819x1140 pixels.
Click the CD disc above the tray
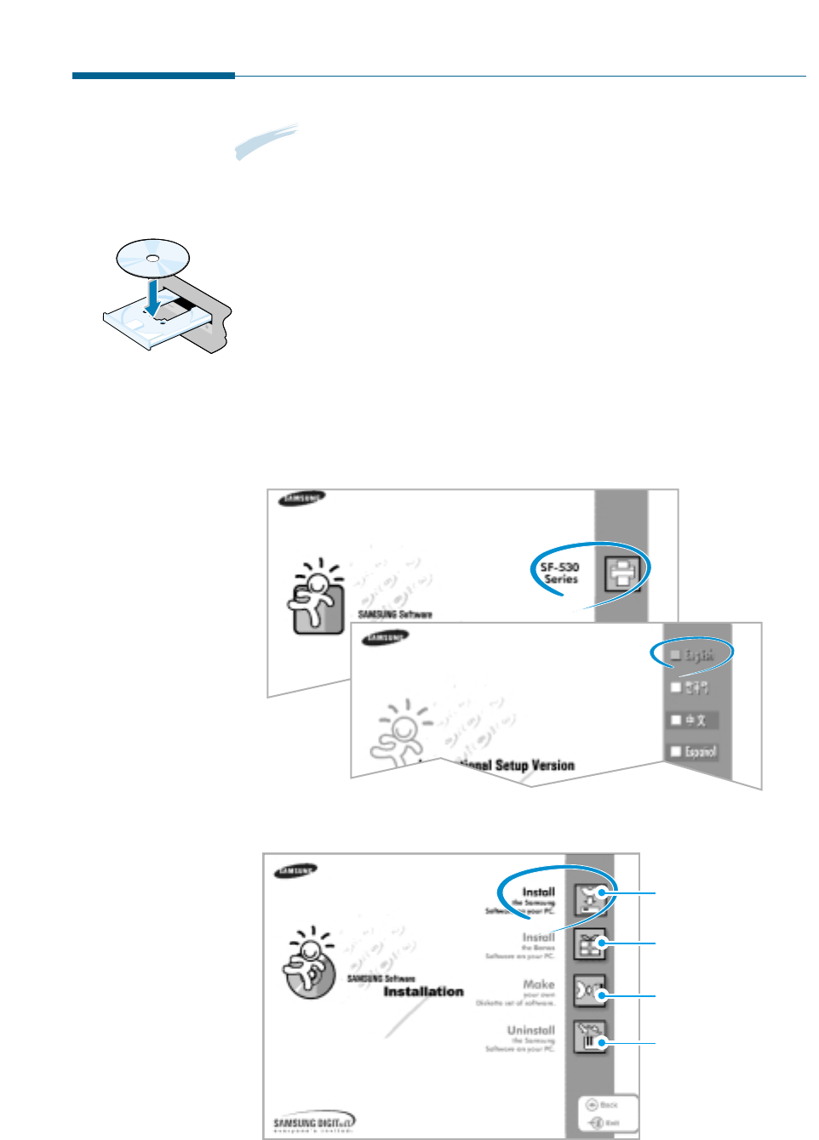152,257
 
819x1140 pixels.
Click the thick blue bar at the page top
153,76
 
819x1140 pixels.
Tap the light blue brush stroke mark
266,141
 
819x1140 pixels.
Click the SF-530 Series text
560,573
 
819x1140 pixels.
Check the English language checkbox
676,654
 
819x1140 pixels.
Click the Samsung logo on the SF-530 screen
301,499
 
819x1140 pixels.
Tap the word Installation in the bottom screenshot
423,991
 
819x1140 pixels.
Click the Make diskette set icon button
589,992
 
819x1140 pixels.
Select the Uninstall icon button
589,1038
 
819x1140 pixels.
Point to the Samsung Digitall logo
313,1123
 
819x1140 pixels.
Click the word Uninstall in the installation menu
530,1030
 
